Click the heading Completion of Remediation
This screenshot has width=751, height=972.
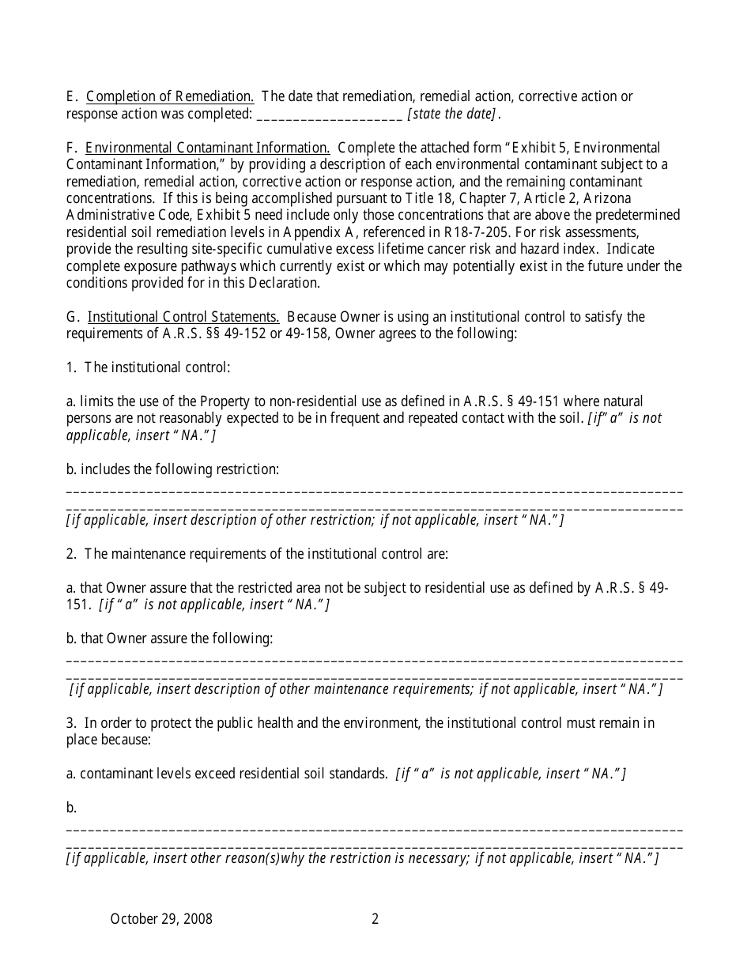[x=170, y=97]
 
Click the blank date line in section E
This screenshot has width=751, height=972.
[x=330, y=115]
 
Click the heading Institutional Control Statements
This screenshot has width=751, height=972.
[x=183, y=317]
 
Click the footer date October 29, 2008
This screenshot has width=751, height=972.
[x=161, y=919]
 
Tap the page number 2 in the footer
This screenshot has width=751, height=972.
[x=375, y=919]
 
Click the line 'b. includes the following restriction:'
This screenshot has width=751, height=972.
[x=172, y=469]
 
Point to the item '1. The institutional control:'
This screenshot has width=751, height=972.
[x=148, y=367]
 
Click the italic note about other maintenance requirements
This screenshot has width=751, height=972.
[x=366, y=689]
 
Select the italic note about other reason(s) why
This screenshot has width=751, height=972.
[x=362, y=858]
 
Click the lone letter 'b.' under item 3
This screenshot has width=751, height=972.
[x=71, y=808]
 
